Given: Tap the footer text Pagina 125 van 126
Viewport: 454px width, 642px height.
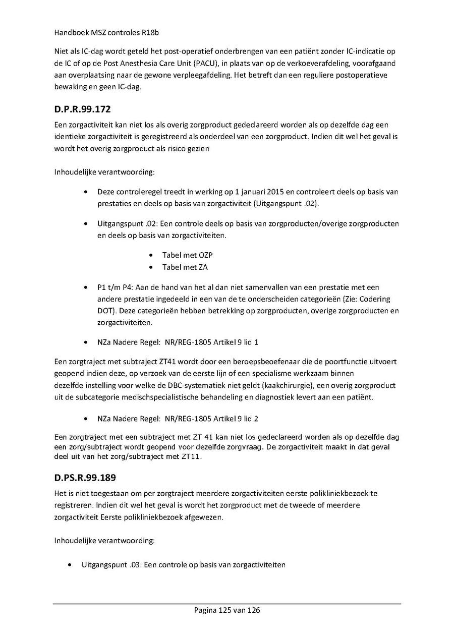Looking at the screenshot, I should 227,610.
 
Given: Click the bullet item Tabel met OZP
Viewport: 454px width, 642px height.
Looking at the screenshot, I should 184,255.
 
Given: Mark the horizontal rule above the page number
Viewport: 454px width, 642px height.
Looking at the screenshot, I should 227,604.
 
